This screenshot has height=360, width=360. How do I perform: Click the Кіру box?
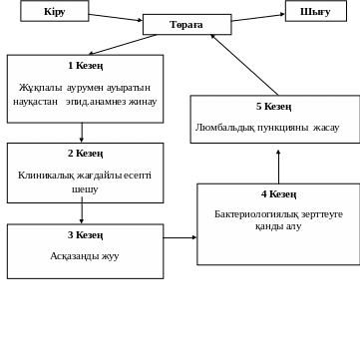coord(54,11)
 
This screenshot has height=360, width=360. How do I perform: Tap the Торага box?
coord(186,24)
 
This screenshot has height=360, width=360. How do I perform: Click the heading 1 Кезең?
coord(84,65)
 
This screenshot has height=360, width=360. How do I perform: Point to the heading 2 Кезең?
coord(85,154)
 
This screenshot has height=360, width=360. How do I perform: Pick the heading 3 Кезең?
coord(85,235)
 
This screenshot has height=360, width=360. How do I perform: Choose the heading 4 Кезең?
coord(278,194)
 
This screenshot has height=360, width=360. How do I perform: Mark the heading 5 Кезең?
coord(274,107)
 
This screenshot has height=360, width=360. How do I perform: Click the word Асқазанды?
coord(70,256)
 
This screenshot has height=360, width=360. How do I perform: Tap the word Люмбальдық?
coord(227,128)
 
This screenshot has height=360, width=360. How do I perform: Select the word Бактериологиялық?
coord(249,213)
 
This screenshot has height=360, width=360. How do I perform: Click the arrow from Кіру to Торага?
coord(115,17)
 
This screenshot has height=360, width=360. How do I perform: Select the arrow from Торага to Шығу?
coord(258,17)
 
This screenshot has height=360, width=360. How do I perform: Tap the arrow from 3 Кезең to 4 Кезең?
coord(180,238)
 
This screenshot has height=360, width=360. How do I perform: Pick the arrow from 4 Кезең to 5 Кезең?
coord(278,165)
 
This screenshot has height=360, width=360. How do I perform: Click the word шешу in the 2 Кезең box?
coord(85,187)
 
